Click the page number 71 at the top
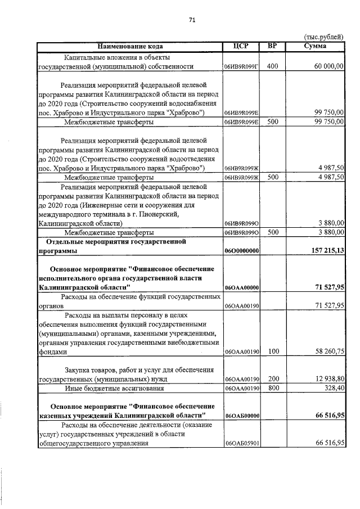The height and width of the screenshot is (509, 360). coord(192,20)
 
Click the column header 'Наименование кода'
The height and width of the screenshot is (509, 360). coord(129,46)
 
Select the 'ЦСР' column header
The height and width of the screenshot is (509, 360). coord(241,46)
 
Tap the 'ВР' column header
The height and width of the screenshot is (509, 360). coord(272,46)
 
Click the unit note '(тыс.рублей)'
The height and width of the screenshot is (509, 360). coord(323,37)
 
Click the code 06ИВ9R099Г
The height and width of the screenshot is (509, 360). coord(241,67)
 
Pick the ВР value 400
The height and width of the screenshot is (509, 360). coord(272,66)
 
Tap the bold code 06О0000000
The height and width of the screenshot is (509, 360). coord(241,251)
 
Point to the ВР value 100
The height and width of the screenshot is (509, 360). coord(272,352)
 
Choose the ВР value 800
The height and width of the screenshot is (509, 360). coord(272,388)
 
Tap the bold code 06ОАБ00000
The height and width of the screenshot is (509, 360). coord(241,416)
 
